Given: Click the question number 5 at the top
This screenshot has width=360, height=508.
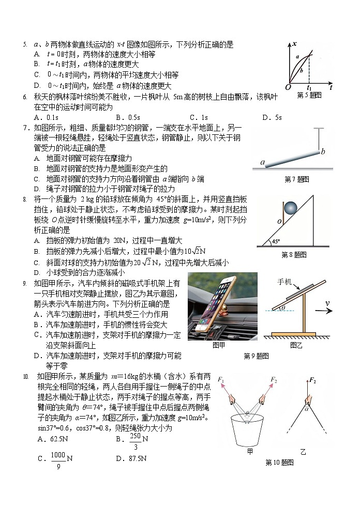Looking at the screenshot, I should click(24, 45).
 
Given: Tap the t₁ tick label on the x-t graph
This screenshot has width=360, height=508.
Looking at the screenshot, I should click(309, 88).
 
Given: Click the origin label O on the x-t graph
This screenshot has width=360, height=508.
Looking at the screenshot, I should click(288, 87).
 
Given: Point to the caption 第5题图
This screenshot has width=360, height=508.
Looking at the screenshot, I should click(309, 95).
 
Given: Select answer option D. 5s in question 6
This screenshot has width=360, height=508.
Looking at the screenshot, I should click(272, 117).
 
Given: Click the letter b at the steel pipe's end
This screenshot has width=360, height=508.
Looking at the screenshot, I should click(323, 151).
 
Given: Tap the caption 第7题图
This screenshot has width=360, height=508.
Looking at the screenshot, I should click(297, 179).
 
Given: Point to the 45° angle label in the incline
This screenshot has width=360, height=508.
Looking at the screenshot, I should click(276, 241).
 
